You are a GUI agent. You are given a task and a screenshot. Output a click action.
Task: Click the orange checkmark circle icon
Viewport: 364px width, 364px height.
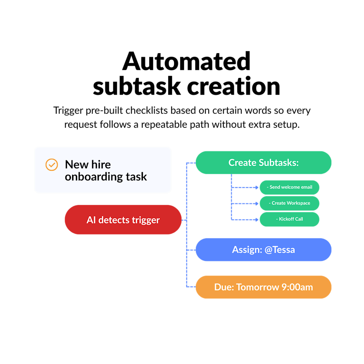point(52,165)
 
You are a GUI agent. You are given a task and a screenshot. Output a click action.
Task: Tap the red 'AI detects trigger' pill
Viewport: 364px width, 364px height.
point(123,220)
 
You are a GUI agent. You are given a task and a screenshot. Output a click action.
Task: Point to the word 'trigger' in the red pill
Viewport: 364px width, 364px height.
point(145,220)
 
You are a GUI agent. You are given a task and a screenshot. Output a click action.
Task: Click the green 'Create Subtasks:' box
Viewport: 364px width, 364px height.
point(263,163)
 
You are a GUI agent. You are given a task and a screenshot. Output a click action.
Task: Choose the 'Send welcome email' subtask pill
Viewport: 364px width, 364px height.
point(289,187)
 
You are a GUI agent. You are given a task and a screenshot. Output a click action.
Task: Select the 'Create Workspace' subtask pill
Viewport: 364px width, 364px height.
point(289,203)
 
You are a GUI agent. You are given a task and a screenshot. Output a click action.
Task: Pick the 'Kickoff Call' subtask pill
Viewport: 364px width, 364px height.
point(289,219)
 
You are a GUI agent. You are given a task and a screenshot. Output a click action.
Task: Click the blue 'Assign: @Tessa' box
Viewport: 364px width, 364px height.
point(263,250)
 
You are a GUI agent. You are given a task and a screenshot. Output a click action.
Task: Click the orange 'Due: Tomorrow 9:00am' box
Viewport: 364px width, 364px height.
point(263,287)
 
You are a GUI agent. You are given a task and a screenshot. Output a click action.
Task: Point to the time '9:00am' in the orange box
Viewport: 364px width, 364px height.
point(297,287)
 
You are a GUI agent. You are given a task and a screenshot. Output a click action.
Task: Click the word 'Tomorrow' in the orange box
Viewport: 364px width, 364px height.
point(258,287)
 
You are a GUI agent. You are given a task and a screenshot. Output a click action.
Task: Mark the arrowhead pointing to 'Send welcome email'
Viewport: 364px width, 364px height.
point(256,187)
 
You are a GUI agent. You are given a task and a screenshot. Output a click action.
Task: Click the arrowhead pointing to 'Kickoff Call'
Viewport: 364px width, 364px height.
point(256,219)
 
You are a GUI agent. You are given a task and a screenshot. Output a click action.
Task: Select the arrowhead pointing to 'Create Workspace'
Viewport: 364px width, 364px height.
point(256,203)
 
